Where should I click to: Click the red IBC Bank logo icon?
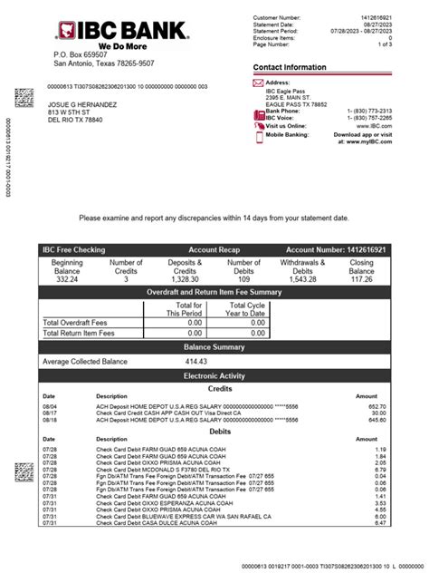tap(66, 31)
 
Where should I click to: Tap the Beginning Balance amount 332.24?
tap(68, 279)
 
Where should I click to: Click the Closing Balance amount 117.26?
tap(361, 279)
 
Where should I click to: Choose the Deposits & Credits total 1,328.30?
tap(185, 279)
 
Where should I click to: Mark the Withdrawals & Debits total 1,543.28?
tap(303, 279)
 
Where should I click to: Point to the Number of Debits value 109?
tap(243, 279)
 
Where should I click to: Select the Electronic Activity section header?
tap(214, 374)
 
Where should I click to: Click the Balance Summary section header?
tap(214, 347)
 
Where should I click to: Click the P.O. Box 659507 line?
tap(91, 55)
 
